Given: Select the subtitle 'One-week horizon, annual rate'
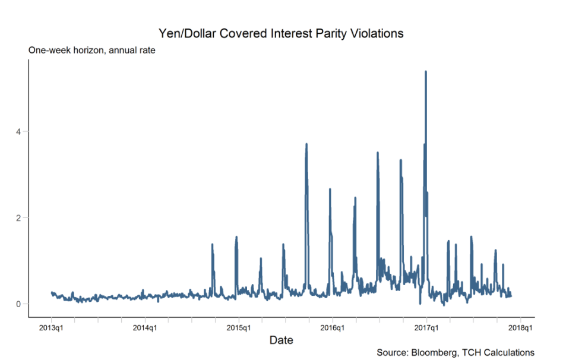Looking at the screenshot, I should pos(92,50).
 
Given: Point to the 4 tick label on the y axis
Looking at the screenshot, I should pos(19,131).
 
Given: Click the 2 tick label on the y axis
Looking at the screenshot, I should pos(19,218).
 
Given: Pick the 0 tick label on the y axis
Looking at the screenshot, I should pos(19,304).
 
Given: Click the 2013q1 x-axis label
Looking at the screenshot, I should pos(51,327).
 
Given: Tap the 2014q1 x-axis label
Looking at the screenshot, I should pos(145,327).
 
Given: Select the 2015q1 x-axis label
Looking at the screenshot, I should pos(239,327).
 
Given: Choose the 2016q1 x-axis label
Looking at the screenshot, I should pos(333,327).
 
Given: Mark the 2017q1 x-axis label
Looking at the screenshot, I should pos(426,327).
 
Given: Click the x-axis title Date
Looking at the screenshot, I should pos(281,340).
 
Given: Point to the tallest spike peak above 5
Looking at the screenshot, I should pos(426,72).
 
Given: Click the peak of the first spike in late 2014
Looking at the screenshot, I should pos(212,244).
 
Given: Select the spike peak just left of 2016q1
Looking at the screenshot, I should pos(330,190).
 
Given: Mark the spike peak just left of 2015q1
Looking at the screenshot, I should pos(236,237).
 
